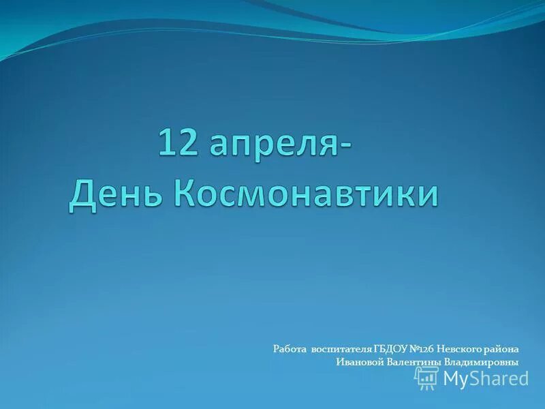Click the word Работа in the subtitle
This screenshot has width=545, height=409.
coord(290,349)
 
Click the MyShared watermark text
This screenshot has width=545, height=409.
coord(486,378)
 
